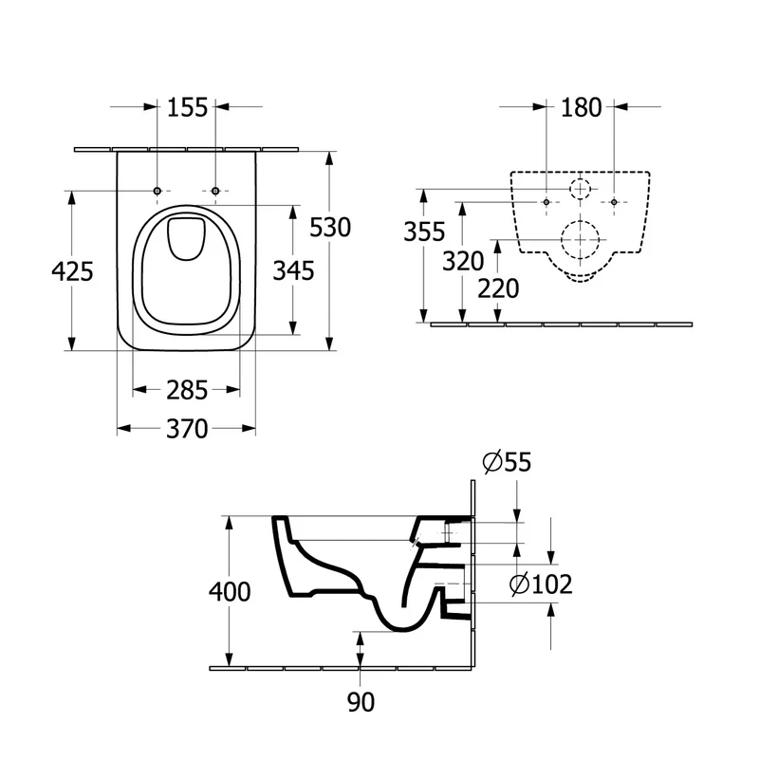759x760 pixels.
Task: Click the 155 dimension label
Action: coord(187,107)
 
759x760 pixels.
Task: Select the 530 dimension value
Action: coord(330,228)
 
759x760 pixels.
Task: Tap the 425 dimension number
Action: coord(72,271)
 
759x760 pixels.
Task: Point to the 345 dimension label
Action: coord(293,270)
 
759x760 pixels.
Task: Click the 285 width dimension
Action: coord(187,390)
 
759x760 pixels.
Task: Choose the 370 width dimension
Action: coord(187,429)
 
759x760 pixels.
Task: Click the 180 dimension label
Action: coord(582,107)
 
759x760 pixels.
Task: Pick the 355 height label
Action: coord(424,232)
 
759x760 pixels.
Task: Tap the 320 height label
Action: coord(463,262)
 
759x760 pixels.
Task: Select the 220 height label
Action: coord(498,288)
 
